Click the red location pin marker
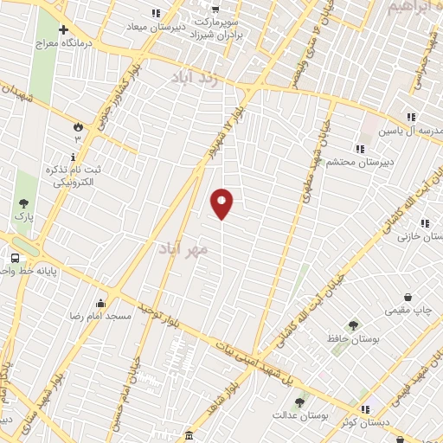[222, 203]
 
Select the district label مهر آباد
[183, 249]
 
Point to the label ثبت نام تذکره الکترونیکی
[73, 177]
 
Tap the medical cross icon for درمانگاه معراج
[63, 29]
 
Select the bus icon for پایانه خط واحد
[15, 258]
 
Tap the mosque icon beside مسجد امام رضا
[101, 303]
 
